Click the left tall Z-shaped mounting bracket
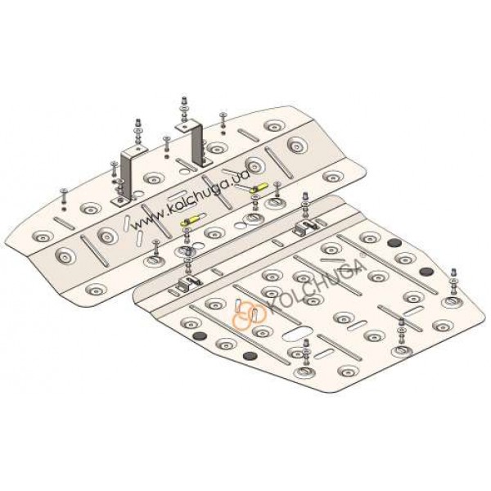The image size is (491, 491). point(127,175)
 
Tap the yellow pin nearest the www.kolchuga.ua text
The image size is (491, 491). point(190,221)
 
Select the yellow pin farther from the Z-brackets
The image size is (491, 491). point(260,188)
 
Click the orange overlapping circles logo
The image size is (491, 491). point(249,314)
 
